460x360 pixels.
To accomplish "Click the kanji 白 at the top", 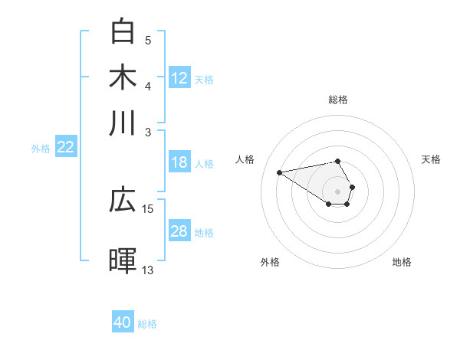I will click(x=123, y=31).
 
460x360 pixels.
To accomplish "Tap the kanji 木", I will click(x=123, y=77).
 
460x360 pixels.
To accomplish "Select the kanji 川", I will click(x=123, y=123).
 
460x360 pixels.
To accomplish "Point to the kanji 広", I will click(x=123, y=201).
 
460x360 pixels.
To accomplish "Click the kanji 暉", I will click(x=123, y=261).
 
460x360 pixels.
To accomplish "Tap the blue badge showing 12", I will click(x=179, y=78).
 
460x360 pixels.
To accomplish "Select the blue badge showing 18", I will click(x=179, y=162).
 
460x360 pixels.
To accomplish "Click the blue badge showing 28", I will click(x=179, y=231).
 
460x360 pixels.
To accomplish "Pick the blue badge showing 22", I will click(x=65, y=148).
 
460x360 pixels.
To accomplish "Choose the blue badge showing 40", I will click(x=123, y=322).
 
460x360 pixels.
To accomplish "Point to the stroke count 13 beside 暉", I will click(x=148, y=270).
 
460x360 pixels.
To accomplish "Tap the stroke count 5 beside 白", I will click(x=148, y=40).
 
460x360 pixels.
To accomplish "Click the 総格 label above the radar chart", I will click(x=337, y=100).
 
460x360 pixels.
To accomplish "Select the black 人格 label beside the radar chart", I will click(x=245, y=159).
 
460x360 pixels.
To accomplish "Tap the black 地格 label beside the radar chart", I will click(x=402, y=262).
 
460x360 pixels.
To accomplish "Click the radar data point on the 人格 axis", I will click(x=279, y=172).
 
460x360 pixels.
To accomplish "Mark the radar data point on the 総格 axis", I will click(x=337, y=161).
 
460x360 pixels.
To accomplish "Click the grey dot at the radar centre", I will click(x=337, y=191).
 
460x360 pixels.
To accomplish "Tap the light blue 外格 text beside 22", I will click(x=41, y=149).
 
